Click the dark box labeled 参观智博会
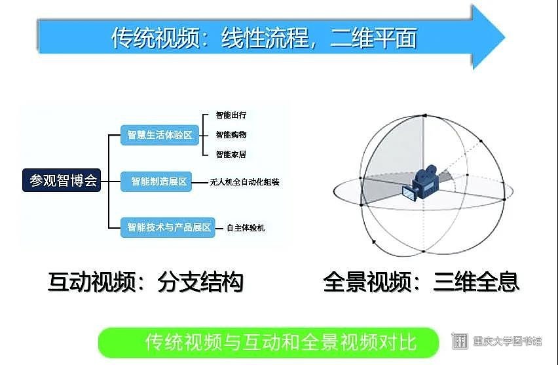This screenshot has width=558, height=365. [62, 181]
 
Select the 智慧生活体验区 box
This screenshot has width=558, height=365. [160, 135]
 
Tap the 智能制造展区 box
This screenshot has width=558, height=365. [157, 182]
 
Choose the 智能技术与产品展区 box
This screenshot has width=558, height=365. [168, 227]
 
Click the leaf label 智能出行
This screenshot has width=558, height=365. [231, 115]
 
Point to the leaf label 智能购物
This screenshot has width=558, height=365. [231, 134]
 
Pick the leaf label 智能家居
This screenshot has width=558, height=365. [231, 154]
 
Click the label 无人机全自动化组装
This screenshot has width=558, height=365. [244, 182]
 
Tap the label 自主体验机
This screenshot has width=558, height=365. [246, 228]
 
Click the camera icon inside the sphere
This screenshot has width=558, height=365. [422, 183]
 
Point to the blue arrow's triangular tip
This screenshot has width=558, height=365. [504, 37]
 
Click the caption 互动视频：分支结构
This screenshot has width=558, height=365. [145, 282]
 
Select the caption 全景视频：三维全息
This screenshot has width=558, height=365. [421, 282]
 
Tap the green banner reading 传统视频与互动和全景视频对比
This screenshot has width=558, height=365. [269, 342]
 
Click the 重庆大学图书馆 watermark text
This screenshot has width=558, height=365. [508, 341]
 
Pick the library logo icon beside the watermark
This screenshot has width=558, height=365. [460, 341]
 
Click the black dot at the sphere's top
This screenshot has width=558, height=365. [424, 115]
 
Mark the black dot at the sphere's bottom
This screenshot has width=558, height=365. [424, 252]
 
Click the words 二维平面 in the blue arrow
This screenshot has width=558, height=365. [374, 37]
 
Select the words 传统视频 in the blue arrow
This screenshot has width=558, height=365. [155, 37]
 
